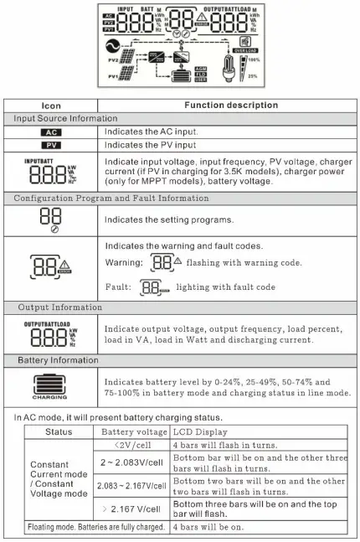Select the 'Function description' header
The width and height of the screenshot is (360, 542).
tap(231, 106)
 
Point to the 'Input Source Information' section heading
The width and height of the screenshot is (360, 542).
tap(62, 119)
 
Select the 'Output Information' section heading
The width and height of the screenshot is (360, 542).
tap(56, 307)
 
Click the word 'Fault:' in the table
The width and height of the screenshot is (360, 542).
tap(121, 286)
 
